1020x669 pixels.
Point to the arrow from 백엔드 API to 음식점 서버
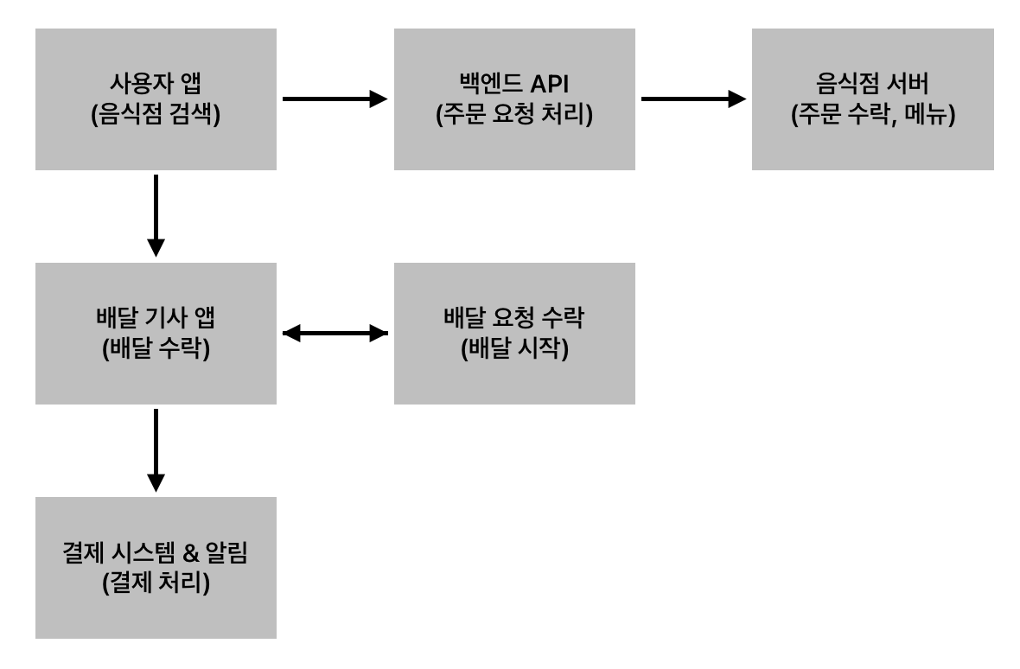tap(692, 99)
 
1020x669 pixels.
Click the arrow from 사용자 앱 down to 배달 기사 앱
tap(156, 215)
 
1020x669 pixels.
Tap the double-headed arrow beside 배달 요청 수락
tap(335, 333)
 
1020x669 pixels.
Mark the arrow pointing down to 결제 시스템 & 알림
tap(156, 449)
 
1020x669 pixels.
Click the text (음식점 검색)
tap(156, 114)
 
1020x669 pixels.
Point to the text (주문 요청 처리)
tap(514, 114)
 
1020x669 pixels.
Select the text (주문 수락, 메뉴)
tap(872, 114)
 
